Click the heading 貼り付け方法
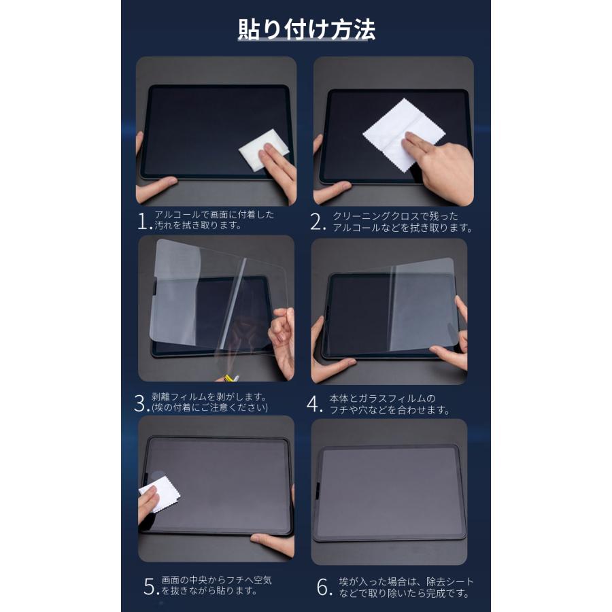tap(306, 30)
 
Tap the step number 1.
tap(142, 221)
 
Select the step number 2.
tap(316, 221)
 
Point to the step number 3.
tap(141, 403)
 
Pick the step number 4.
tap(313, 403)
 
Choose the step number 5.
tap(150, 587)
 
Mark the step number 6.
tap(325, 587)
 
